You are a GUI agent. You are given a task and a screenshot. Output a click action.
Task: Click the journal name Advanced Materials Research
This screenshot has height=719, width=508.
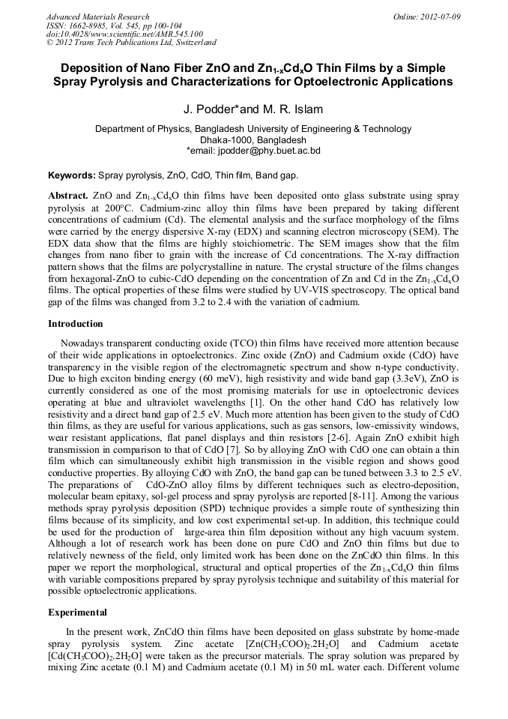pos(97,16)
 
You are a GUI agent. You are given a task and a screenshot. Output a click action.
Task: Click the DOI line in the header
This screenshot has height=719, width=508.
pos(124,34)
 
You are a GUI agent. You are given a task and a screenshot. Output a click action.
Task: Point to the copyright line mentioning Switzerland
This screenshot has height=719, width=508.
pos(131,43)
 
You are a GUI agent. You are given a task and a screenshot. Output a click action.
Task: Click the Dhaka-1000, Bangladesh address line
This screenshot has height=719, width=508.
pos(253,140)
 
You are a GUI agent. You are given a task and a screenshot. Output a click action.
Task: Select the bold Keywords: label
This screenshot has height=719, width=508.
pos(72,175)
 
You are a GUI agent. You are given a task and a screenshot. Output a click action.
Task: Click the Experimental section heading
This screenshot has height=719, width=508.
pos(78,612)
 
